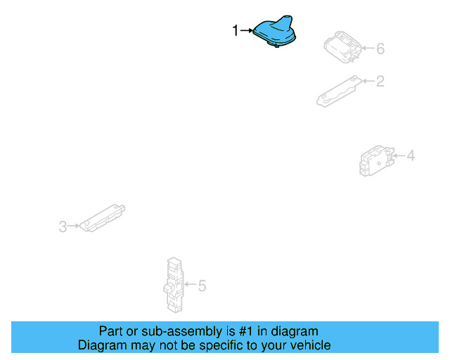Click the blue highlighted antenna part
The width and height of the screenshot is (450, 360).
coord(275,34)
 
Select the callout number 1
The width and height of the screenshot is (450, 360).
coord(236,30)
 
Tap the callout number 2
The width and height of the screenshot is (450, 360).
coord(380,82)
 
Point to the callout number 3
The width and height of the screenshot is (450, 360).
coord(63,226)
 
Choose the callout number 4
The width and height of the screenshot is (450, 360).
coord(411,155)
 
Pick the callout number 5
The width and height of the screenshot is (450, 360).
coord(202,285)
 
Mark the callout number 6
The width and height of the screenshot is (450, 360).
coord(380,49)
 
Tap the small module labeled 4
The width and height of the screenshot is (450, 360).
coord(375,160)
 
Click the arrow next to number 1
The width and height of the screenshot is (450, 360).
coord(247,30)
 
